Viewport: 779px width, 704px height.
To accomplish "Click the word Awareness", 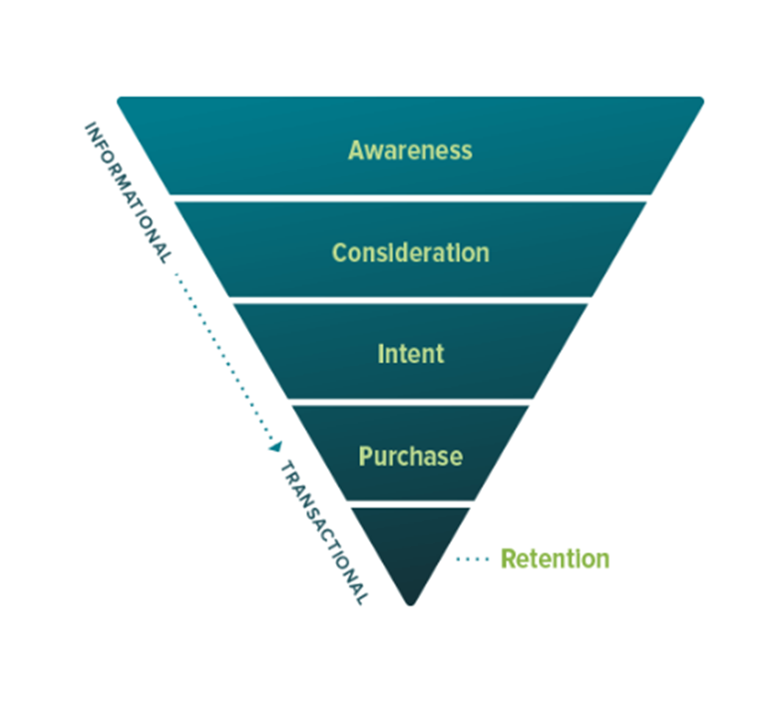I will pyautogui.click(x=410, y=151).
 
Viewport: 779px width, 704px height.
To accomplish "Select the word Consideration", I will pyautogui.click(x=410, y=252).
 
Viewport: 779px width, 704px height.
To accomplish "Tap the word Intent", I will pyautogui.click(x=410, y=354).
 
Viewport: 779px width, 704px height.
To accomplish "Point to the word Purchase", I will pyautogui.click(x=410, y=457).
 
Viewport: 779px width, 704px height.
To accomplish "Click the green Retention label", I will pyautogui.click(x=555, y=558).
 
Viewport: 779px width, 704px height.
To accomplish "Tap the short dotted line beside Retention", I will pyautogui.click(x=474, y=559).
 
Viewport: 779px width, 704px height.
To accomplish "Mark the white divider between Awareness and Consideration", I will pyautogui.click(x=410, y=197).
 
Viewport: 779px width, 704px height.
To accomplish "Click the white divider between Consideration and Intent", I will pyautogui.click(x=410, y=299).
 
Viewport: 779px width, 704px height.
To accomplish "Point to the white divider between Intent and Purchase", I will pyautogui.click(x=410, y=401).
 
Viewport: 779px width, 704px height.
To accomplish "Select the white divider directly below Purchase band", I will pyautogui.click(x=410, y=504).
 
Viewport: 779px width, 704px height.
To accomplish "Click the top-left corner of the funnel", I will pyautogui.click(x=121, y=100).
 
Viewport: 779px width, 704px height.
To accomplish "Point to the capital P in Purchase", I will pyautogui.click(x=365, y=457).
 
